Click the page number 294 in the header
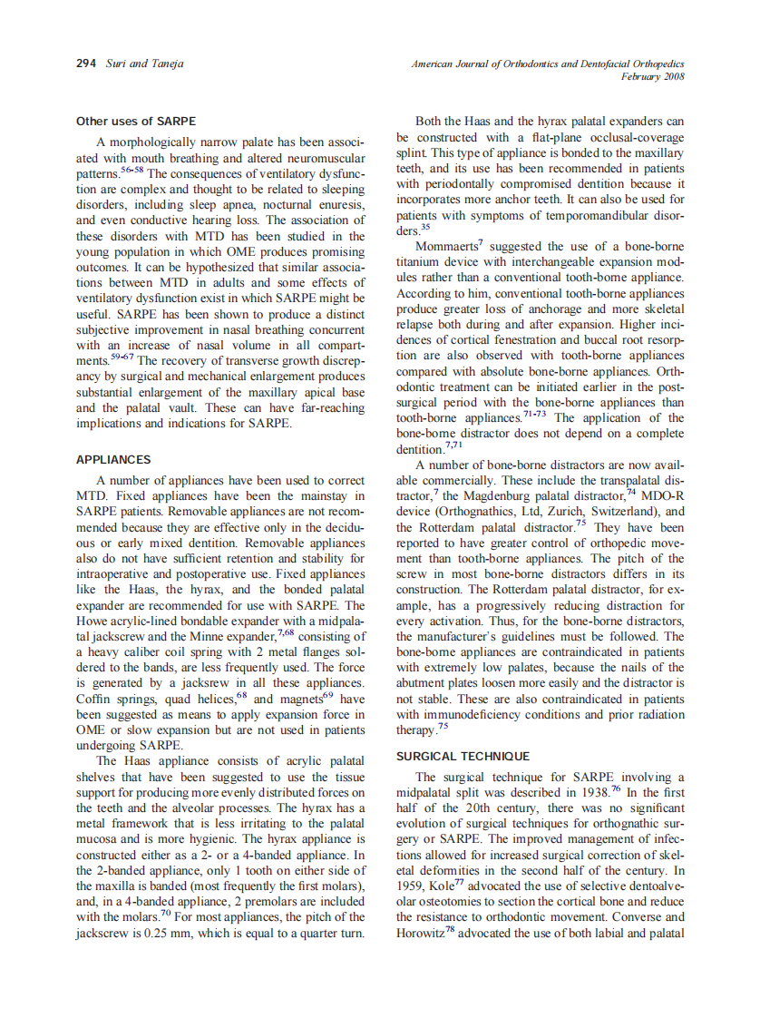86,63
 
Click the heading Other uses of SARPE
135,121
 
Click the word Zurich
589,511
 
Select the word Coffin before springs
96,700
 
